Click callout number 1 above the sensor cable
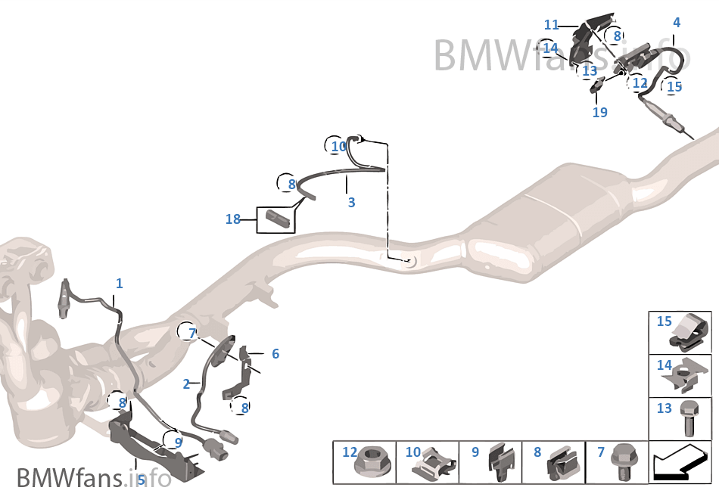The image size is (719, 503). click(120, 284)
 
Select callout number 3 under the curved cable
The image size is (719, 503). click(351, 202)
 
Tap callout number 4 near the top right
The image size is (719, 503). click(677, 23)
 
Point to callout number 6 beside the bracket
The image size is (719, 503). click(275, 354)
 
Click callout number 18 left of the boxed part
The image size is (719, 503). click(233, 219)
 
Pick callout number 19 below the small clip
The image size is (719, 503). click(599, 112)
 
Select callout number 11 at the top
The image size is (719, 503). click(551, 24)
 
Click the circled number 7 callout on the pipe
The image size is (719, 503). click(192, 333)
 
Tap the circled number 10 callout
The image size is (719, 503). click(338, 147)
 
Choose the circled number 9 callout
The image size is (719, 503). click(178, 442)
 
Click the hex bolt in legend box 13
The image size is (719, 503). click(687, 418)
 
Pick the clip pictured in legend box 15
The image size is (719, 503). click(689, 331)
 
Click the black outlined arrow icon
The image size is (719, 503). click(680, 464)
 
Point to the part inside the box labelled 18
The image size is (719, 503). click(278, 218)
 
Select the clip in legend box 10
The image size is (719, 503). click(434, 464)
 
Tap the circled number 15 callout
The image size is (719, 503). click(673, 86)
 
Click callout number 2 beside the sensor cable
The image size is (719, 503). click(186, 384)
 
